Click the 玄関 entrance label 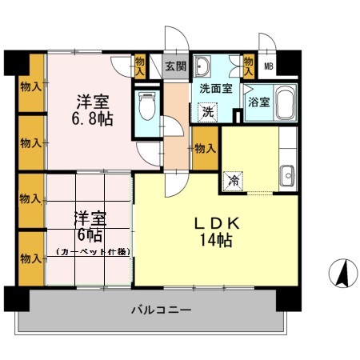click(x=175, y=66)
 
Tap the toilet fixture click(x=147, y=106)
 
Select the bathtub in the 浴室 click(x=285, y=102)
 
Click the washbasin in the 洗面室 click(x=202, y=66)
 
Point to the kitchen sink click(x=287, y=176)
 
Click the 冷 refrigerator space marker click(x=234, y=182)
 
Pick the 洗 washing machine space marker click(x=208, y=113)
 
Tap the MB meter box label click(x=269, y=66)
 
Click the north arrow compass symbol click(x=343, y=273)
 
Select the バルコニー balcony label click(x=162, y=310)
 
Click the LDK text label click(x=217, y=223)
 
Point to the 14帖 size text click(x=216, y=240)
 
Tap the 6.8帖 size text click(x=92, y=119)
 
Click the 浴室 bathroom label click(x=259, y=102)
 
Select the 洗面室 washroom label click(x=216, y=89)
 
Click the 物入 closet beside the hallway click(x=205, y=149)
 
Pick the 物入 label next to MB click(x=249, y=66)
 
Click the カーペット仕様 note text click(x=94, y=251)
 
